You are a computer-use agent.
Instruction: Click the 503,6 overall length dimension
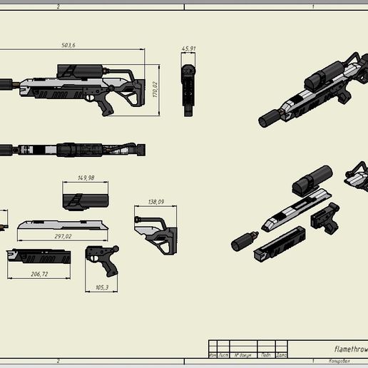[x=69, y=46]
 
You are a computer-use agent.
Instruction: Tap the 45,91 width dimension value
[x=188, y=49]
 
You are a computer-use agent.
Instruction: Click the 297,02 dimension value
[x=61, y=237]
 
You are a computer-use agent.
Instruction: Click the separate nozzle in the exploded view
[x=242, y=242]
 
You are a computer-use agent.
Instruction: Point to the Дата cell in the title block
[x=281, y=354]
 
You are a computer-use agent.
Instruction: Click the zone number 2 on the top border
[x=57, y=6]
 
